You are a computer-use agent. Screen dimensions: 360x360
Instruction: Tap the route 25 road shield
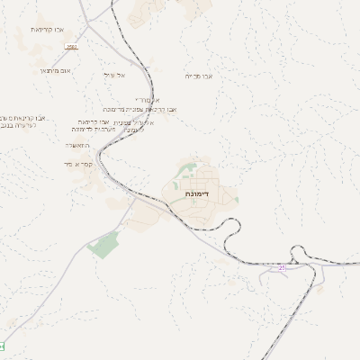(282, 266)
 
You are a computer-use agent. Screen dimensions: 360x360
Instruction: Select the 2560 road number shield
(72, 47)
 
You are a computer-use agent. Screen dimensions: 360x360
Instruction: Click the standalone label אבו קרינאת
(48, 30)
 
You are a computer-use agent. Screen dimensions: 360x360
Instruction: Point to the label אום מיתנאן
(55, 69)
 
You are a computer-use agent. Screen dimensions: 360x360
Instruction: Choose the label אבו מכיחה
(198, 76)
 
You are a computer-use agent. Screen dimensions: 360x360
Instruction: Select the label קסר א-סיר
(80, 164)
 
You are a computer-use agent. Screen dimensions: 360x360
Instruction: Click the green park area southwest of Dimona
(105, 243)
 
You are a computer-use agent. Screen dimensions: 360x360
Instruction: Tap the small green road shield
(2, 346)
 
